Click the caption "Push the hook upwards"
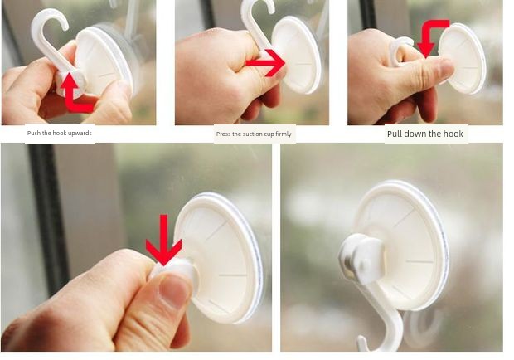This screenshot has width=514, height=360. click(60, 133)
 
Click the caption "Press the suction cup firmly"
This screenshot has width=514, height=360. click(254, 134)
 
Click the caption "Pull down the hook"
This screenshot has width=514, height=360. click(425, 134)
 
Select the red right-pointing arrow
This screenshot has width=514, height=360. click(265, 63)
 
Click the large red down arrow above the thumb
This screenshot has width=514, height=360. click(163, 241)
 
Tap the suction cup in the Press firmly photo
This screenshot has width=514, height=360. click(296, 55)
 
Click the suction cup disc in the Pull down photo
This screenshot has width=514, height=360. click(463, 59)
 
